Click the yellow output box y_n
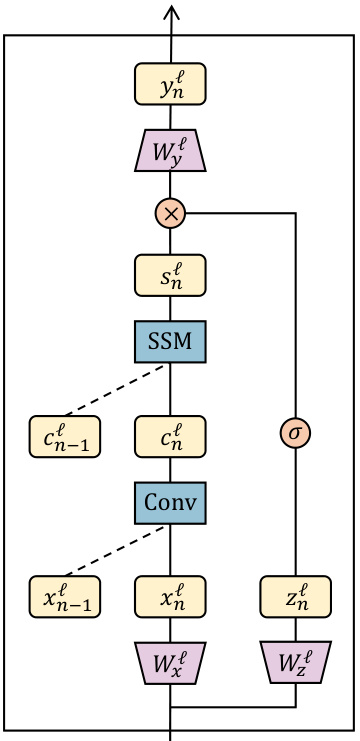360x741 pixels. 170,85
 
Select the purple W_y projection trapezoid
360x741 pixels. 170,149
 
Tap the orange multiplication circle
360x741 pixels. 170,212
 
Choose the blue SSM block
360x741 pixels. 170,341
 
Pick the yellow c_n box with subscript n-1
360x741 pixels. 65,435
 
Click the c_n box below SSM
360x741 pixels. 170,435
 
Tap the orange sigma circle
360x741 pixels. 295,434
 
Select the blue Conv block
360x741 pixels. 170,500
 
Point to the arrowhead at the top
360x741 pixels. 170,12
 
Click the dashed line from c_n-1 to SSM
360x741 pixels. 117,388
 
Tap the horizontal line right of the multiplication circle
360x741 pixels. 240,212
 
